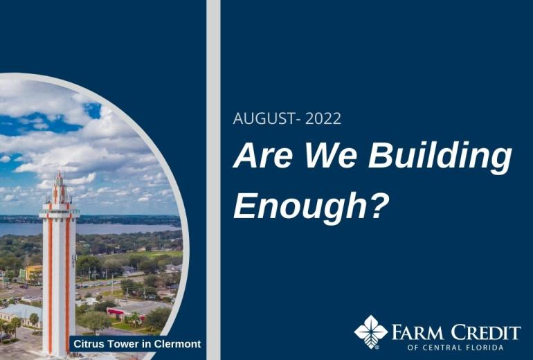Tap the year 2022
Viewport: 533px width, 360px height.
pyautogui.click(x=323, y=118)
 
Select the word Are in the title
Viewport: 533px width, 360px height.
pyautogui.click(x=262, y=155)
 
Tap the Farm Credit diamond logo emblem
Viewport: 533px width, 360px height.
pyautogui.click(x=371, y=332)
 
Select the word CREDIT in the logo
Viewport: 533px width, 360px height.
pyautogui.click(x=486, y=332)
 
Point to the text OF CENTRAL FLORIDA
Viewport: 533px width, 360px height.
pyautogui.click(x=455, y=348)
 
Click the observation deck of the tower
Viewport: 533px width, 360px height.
pyautogui.click(x=59, y=213)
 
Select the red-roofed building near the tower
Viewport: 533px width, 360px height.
pyautogui.click(x=125, y=314)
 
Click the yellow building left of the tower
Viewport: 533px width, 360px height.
pyautogui.click(x=31, y=273)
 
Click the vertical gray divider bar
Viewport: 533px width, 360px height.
pyautogui.click(x=213, y=180)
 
